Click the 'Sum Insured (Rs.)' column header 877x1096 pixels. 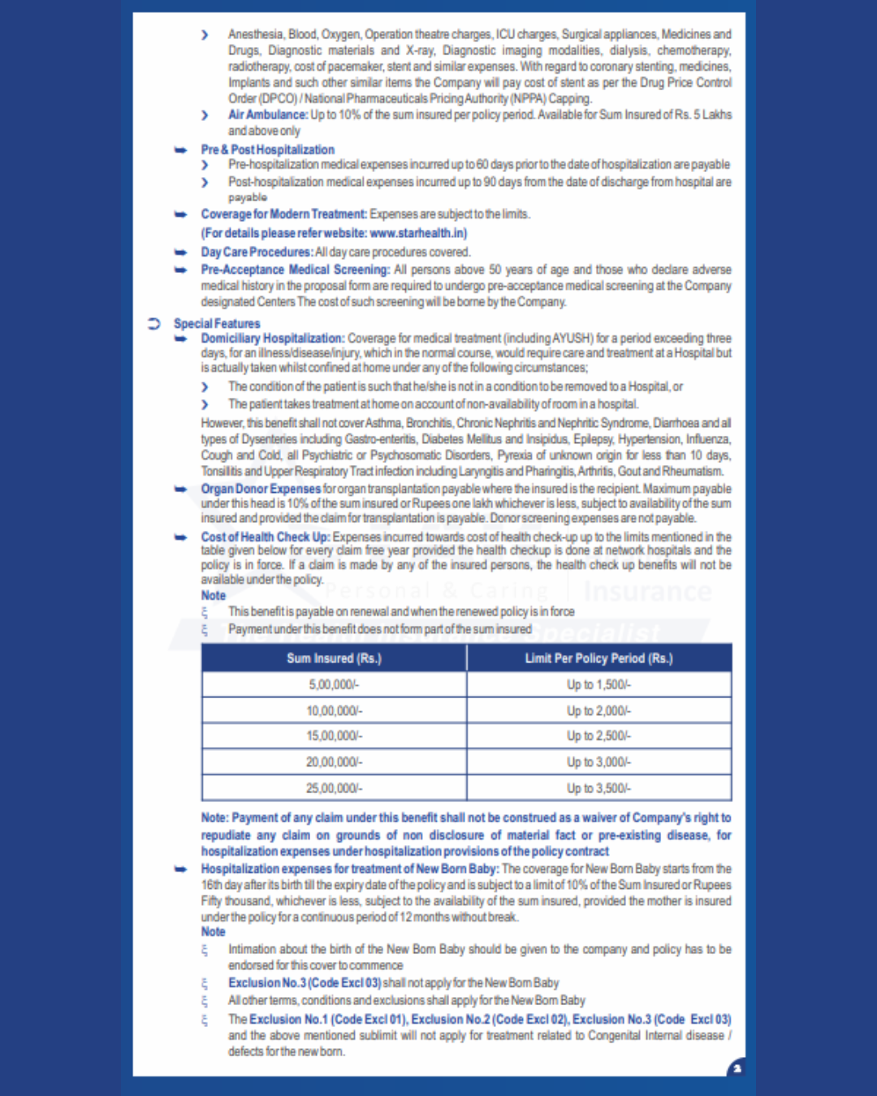(x=334, y=658)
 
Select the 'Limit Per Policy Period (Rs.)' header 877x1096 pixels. (x=598, y=658)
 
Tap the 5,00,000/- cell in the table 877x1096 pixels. (x=334, y=684)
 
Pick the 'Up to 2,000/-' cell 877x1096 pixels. (x=598, y=710)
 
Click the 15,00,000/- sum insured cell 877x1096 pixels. (x=334, y=736)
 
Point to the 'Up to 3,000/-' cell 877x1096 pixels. (x=598, y=762)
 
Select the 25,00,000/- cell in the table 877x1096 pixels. (x=334, y=787)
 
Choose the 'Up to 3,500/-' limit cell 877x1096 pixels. (x=598, y=787)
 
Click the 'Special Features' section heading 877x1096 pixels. (x=217, y=323)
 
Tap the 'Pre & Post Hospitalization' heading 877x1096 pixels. (x=267, y=149)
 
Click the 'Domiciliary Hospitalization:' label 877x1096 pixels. (x=273, y=338)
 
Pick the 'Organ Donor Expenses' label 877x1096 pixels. (x=261, y=489)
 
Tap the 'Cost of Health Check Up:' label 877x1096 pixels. (x=266, y=537)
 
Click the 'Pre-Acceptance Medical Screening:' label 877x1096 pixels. (x=296, y=270)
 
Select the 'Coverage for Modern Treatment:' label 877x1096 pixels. (x=284, y=214)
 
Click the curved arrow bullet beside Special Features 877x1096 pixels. (x=153, y=323)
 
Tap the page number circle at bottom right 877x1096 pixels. (x=737, y=1068)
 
